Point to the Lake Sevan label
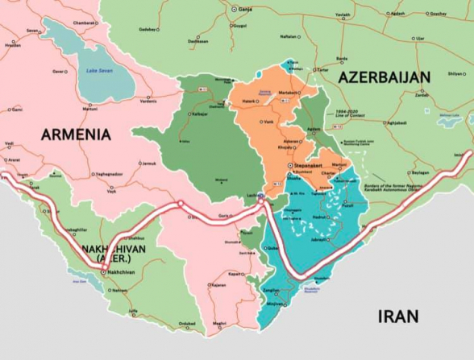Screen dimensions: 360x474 [98, 72]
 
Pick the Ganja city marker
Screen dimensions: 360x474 [232, 9]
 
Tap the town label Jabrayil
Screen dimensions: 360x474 [321, 239]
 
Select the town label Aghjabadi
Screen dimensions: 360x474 [396, 123]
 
